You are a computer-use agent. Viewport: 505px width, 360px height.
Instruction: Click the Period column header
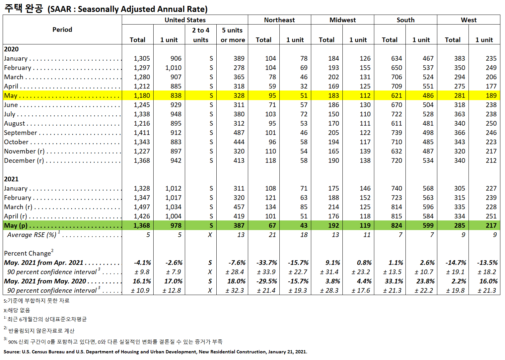(x=62, y=30)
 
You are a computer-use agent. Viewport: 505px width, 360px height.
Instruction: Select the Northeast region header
(x=279, y=20)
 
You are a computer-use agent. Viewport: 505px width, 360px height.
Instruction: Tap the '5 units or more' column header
(x=233, y=35)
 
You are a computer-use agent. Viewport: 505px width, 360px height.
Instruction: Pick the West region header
(x=468, y=20)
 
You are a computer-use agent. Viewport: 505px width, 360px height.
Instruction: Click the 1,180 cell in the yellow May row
(x=142, y=95)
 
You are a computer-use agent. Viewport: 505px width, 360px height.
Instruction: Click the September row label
(x=21, y=133)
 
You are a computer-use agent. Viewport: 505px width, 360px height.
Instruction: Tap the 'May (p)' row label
(x=16, y=225)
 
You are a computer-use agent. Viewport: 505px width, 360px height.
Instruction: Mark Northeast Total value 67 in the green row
(x=272, y=225)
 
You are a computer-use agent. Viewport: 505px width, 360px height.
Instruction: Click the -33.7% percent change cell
(x=266, y=263)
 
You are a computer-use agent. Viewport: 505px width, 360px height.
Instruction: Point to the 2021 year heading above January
(x=11, y=179)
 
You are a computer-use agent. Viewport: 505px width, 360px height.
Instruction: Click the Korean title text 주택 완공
(x=24, y=8)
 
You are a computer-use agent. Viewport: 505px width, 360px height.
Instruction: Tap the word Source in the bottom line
(x=12, y=352)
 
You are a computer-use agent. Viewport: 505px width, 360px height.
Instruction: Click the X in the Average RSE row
(x=210, y=235)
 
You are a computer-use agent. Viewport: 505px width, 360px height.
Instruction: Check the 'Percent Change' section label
(x=28, y=253)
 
